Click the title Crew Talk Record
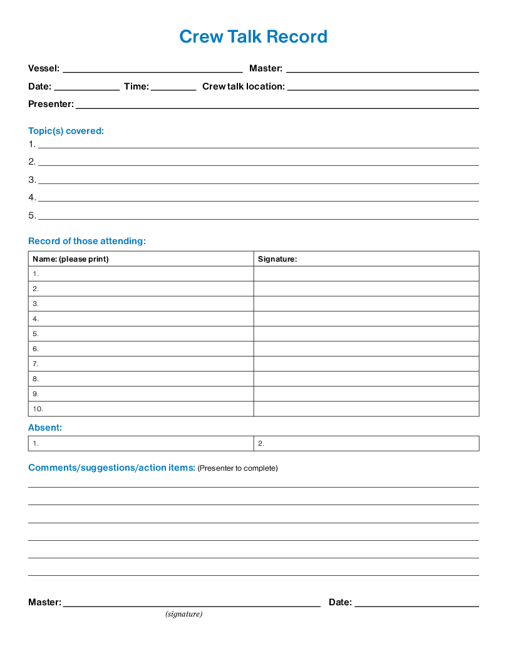[x=253, y=36]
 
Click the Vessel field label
[x=44, y=68]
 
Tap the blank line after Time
[x=173, y=86]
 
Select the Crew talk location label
[x=243, y=86]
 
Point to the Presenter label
[x=51, y=104]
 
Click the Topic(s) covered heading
[x=66, y=131]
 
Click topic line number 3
[x=258, y=180]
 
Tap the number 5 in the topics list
[x=32, y=215]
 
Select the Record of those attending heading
[x=87, y=241]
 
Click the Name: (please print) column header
[x=70, y=259]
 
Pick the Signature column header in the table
[x=277, y=259]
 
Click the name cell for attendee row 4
[x=141, y=319]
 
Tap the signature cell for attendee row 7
[x=366, y=364]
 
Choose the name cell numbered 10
[x=141, y=409]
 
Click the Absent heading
[x=45, y=428]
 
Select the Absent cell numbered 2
[x=366, y=443]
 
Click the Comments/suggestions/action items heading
[x=112, y=468]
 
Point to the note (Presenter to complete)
[x=238, y=468]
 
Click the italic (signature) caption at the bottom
[x=184, y=614]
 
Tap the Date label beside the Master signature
[x=340, y=602]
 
